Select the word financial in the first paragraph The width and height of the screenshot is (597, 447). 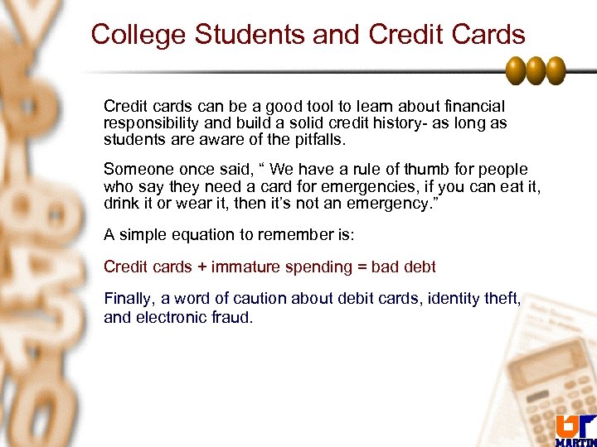tap(475, 107)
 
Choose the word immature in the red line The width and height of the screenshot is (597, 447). tap(246, 267)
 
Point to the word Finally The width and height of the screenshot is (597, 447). tap(128, 299)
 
